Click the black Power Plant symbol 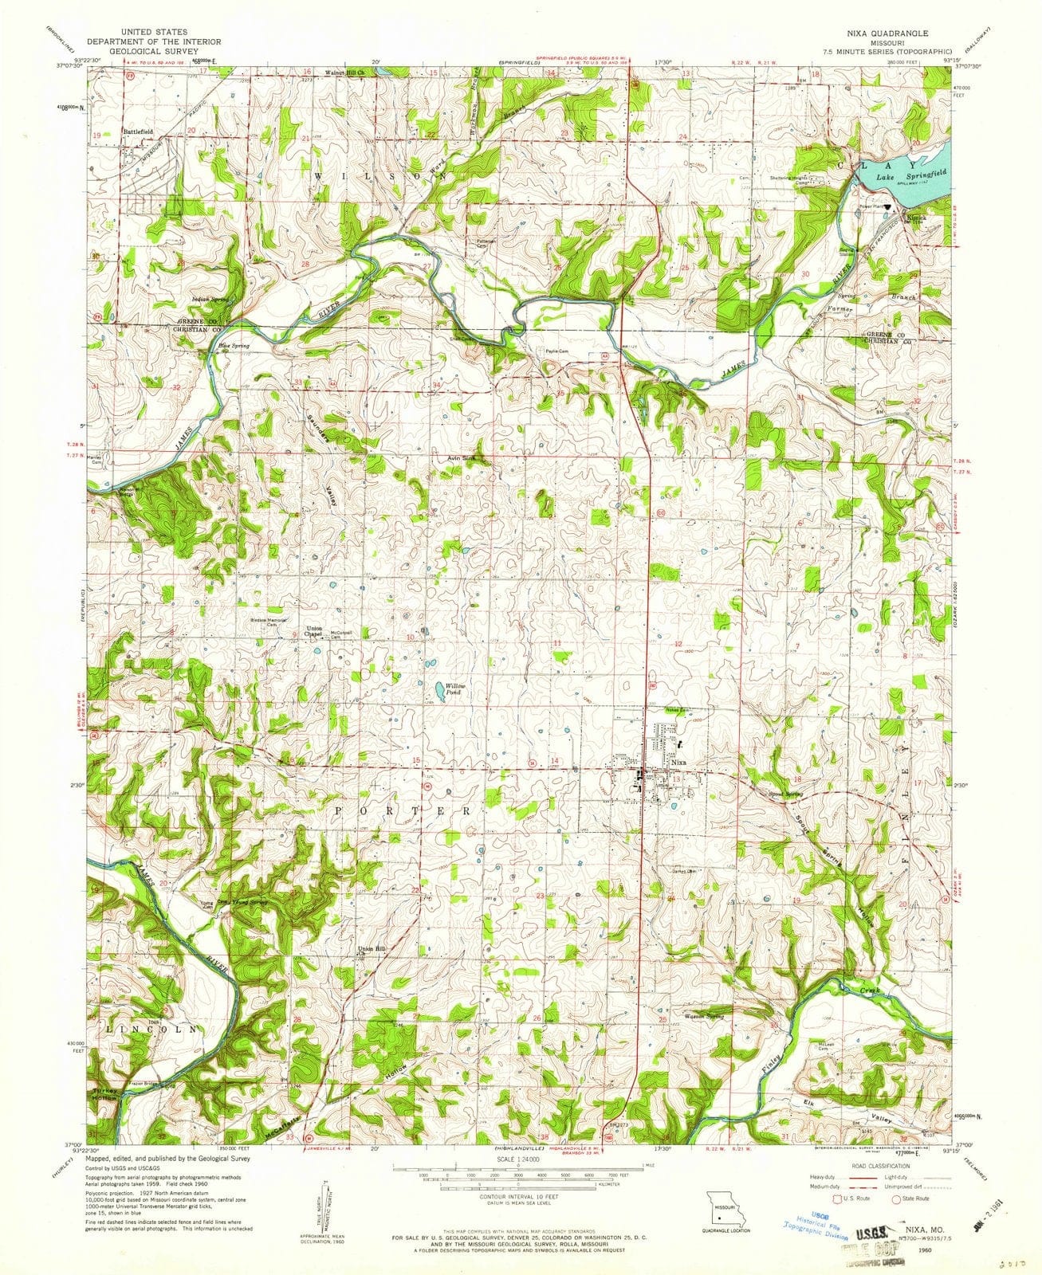(x=887, y=206)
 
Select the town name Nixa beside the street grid (x=678, y=763)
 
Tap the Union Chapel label (x=315, y=632)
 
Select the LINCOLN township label (x=151, y=1030)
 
